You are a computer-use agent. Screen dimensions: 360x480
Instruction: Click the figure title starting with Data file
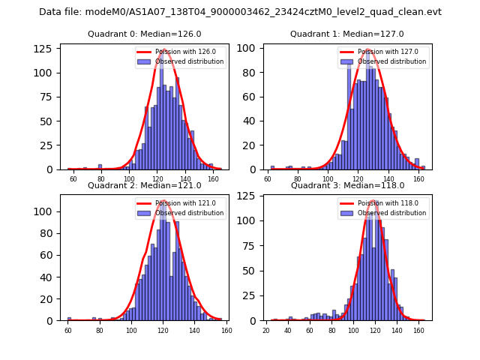240,12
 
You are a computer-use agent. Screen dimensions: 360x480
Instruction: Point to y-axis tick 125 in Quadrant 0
46,48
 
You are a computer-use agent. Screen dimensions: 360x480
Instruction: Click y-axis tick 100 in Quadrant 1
249,48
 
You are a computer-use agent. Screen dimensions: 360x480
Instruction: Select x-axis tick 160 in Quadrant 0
213,179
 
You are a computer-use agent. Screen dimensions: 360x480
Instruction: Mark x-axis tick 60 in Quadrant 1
268,179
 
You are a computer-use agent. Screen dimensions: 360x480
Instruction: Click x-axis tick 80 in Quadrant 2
99,330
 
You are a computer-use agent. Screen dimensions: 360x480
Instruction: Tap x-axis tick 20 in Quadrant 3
266,330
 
